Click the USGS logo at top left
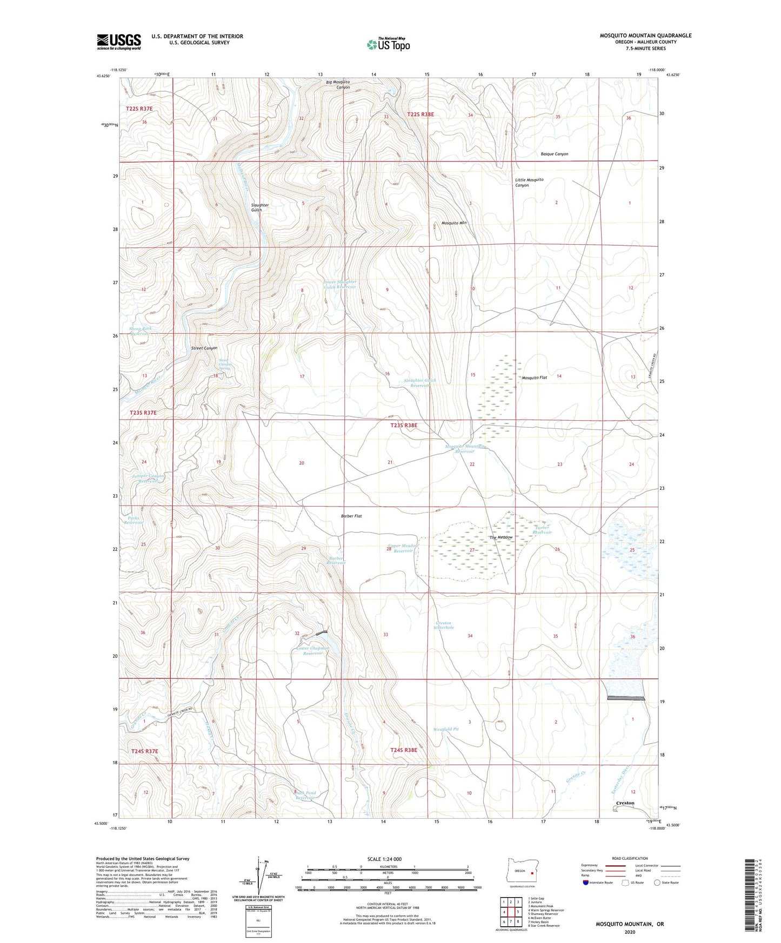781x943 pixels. tap(119, 42)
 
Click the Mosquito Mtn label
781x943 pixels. tap(453, 223)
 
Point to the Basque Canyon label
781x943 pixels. tap(554, 154)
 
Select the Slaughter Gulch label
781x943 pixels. tap(259, 207)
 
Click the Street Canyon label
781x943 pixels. tap(204, 348)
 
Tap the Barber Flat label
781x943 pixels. tap(351, 516)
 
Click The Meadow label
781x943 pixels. tap(500, 537)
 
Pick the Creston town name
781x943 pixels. tap(625, 803)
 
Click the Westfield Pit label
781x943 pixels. tap(446, 729)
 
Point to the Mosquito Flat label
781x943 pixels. tap(534, 378)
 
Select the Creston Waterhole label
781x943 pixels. tap(444, 625)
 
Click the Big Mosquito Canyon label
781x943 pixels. tap(338, 84)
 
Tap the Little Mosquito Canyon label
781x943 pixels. tap(529, 182)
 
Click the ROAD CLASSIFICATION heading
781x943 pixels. tap(630, 858)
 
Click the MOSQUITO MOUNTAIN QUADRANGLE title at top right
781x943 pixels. tap(645, 36)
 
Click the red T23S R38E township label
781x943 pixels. tap(404, 425)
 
